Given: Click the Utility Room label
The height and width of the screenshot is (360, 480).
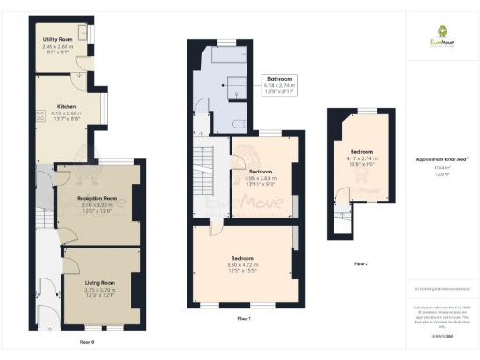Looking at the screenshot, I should [58, 40].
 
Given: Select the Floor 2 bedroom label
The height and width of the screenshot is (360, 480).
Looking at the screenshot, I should [364, 150].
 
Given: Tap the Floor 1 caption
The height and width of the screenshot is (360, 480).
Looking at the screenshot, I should [244, 319].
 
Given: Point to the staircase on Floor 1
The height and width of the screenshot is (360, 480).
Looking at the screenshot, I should [202, 158].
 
